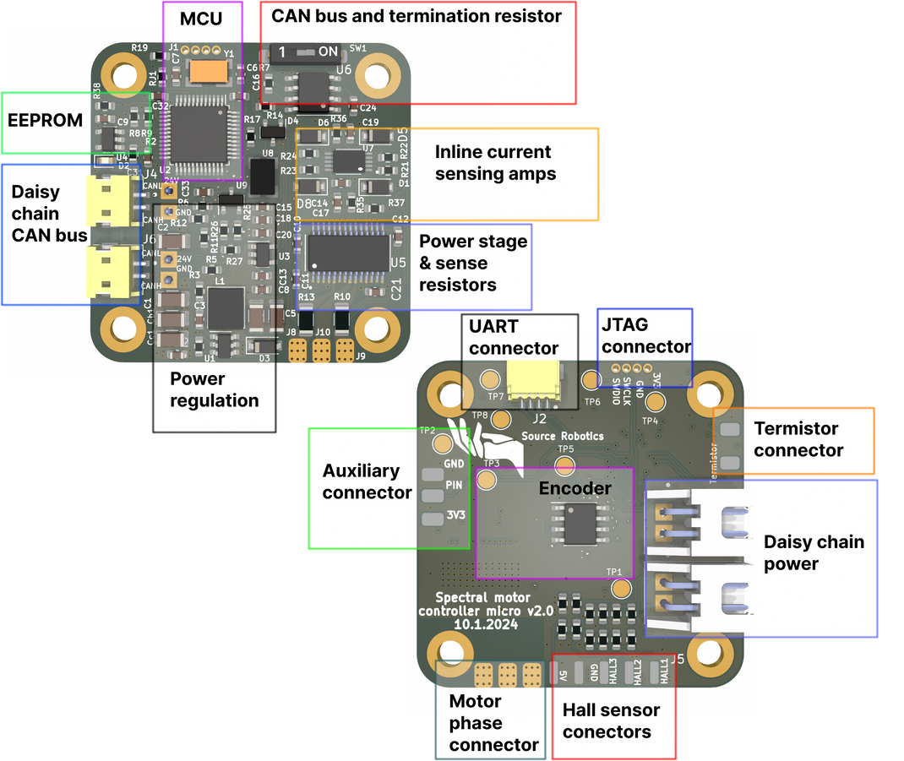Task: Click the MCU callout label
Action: [201, 17]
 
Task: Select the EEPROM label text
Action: [45, 120]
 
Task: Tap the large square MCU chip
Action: [198, 135]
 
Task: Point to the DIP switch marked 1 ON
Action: [308, 52]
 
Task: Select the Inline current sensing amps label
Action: [494, 163]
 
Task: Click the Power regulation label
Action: [214, 389]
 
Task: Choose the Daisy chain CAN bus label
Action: [49, 214]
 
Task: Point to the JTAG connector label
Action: [646, 335]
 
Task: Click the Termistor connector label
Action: [798, 439]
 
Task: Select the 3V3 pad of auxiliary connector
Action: [433, 518]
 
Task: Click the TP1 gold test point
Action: [622, 588]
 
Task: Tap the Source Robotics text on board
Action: [562, 436]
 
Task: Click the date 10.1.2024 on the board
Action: [486, 624]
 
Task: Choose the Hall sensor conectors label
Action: [611, 720]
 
